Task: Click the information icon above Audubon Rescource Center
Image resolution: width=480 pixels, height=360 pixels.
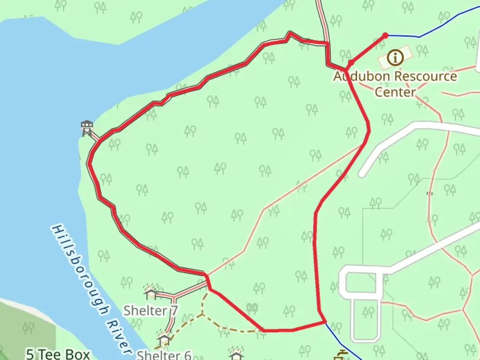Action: point(395,57)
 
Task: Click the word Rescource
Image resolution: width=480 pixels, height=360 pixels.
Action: point(426,76)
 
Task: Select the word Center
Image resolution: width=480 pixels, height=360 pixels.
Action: point(395,92)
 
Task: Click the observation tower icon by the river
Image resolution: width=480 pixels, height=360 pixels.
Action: point(87,128)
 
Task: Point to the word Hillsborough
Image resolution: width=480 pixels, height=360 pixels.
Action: point(80,270)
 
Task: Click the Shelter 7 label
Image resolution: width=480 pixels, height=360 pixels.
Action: point(151,311)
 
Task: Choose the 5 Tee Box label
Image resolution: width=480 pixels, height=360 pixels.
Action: point(58,354)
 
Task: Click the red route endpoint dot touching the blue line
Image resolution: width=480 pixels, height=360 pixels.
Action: point(385,35)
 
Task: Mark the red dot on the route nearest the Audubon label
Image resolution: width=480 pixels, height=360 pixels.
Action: point(351,62)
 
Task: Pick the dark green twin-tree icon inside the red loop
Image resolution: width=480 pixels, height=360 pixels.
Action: point(253,308)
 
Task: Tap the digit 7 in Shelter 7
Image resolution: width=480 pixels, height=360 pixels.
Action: point(174,311)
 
